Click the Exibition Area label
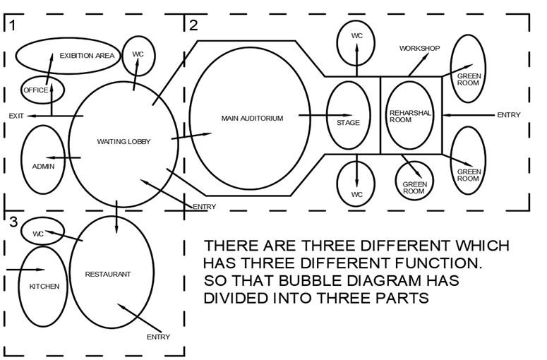click(x=87, y=56)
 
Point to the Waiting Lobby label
click(x=124, y=141)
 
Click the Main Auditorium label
click(x=252, y=119)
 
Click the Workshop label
click(x=420, y=48)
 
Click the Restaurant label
click(x=108, y=274)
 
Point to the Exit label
click(x=16, y=116)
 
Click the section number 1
click(x=13, y=25)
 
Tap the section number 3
click(x=13, y=222)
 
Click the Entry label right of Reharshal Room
click(x=509, y=115)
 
